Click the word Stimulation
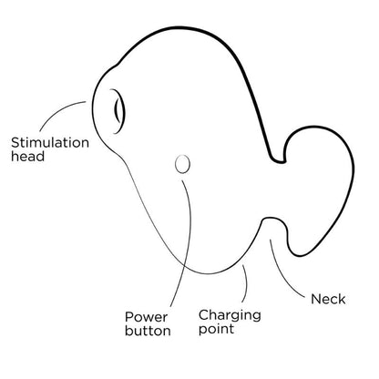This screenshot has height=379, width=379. (x=50, y=142)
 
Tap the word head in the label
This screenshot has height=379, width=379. (x=27, y=156)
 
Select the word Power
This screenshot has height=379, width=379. (x=146, y=317)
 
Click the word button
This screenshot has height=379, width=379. (x=148, y=331)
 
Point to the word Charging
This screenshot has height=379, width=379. (x=230, y=316)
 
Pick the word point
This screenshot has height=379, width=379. (x=216, y=329)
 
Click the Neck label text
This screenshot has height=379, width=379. (x=328, y=299)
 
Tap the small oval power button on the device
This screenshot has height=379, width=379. (x=182, y=164)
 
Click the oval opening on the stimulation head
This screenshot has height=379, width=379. (x=118, y=111)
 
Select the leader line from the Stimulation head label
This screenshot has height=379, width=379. (x=57, y=111)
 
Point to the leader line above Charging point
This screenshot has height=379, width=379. (x=246, y=283)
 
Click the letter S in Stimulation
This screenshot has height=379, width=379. (x=15, y=143)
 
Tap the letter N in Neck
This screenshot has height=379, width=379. (x=316, y=299)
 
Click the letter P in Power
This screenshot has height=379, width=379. (x=129, y=317)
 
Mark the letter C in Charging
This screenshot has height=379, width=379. (x=204, y=314)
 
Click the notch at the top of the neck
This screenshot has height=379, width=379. (x=279, y=159)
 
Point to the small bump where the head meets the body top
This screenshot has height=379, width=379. (x=117, y=65)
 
